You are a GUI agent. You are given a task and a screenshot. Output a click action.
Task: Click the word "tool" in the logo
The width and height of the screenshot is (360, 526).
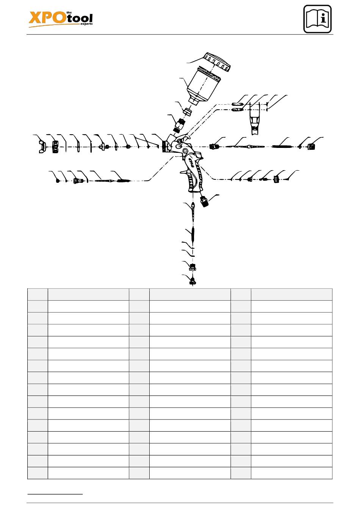pos(80,18)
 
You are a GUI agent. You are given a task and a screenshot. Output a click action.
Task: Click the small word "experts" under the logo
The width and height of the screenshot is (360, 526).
pos(86,24)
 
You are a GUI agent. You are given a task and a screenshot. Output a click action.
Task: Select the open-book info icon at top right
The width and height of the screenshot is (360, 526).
pos(317,19)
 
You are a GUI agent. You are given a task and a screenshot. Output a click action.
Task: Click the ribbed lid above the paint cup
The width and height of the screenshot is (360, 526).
pos(217,62)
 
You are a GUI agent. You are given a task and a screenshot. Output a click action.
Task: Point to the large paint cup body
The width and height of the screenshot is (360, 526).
pos(204,85)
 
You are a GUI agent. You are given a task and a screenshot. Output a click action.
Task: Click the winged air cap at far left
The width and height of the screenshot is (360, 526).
pos(42,146)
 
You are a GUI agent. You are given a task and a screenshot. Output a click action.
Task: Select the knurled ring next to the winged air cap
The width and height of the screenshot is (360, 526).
pos(55,146)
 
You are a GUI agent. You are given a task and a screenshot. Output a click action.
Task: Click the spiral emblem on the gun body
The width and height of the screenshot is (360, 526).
pos(185,151)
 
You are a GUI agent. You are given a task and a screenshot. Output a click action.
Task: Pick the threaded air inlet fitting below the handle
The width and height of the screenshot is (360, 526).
pos(204,201)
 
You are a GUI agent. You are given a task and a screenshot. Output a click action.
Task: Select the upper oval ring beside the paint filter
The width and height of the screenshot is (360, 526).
pos(237,104)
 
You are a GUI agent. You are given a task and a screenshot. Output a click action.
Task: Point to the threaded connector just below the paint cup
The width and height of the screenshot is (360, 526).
pos(180,126)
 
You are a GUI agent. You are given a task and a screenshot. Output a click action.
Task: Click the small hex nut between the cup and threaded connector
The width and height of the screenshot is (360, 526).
pos(188,111)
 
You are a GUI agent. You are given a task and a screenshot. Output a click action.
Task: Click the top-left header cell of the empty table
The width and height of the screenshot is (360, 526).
pos(38,294)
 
